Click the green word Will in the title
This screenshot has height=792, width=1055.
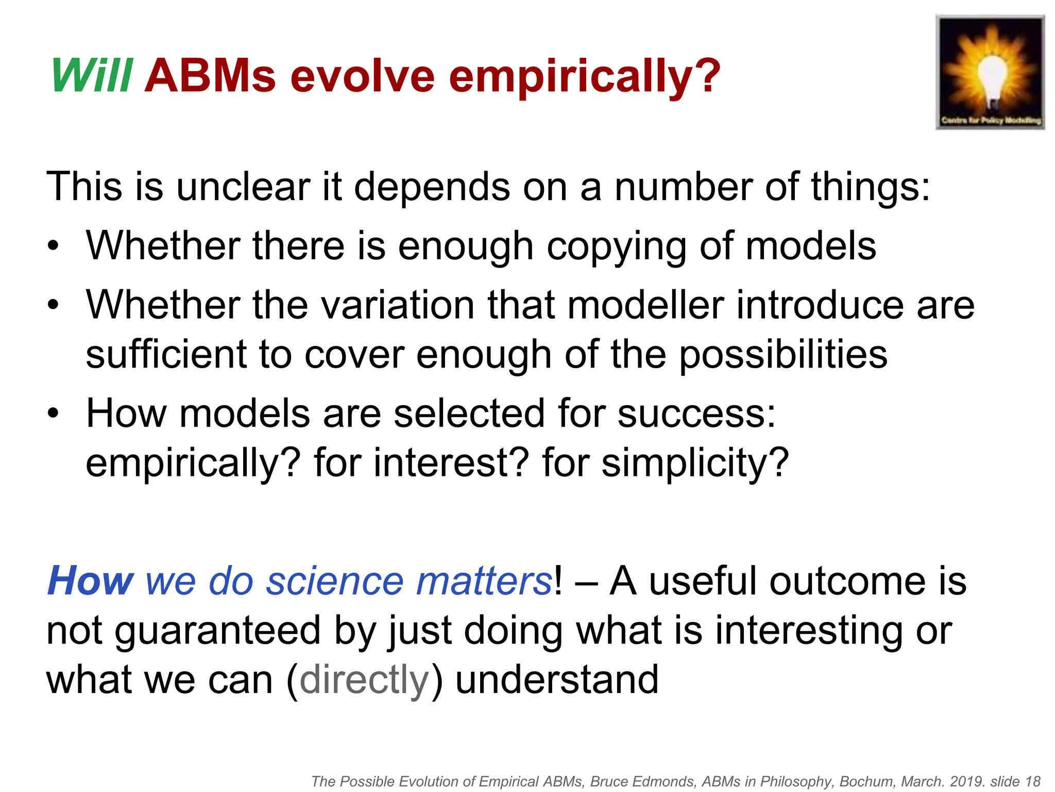92,76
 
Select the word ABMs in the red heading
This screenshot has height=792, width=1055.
210,76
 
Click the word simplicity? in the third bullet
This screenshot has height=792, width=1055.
695,463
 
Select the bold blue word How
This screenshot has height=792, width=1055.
91,581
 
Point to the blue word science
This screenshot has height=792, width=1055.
335,581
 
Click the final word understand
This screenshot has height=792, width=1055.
557,680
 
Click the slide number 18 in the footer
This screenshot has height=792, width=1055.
1033,782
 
